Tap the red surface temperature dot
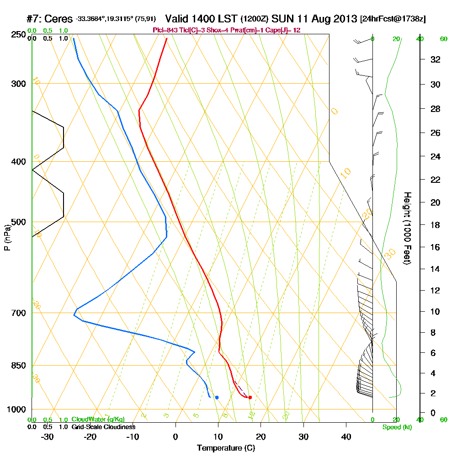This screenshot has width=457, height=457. coord(250,397)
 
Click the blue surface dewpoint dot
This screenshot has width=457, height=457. coord(217,397)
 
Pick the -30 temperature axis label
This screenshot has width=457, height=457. coord(48,436)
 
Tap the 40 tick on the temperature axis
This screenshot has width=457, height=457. coord(346,436)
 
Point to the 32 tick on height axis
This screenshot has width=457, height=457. coord(435,59)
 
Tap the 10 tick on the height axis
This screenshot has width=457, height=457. coord(435,312)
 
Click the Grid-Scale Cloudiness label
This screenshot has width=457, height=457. coord(103,427)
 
